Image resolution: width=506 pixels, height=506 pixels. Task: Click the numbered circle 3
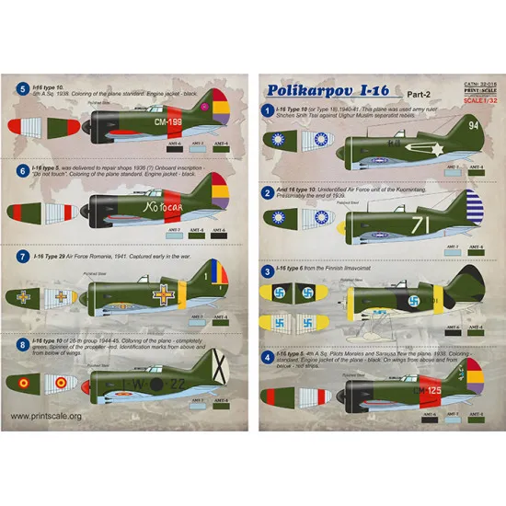point(267,272)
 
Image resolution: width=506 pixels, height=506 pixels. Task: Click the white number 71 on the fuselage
point(420,223)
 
